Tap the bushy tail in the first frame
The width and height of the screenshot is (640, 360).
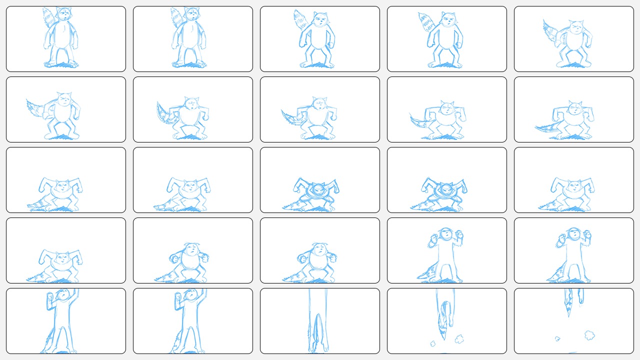[49, 17]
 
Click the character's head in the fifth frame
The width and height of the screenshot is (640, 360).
[576, 28]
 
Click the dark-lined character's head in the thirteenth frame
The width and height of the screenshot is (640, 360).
[319, 189]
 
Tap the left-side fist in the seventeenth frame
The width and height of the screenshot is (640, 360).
[174, 258]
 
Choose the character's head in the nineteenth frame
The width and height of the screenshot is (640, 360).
[446, 234]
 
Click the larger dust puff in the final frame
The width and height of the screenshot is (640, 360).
[589, 334]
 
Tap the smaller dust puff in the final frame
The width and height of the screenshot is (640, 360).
[557, 338]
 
